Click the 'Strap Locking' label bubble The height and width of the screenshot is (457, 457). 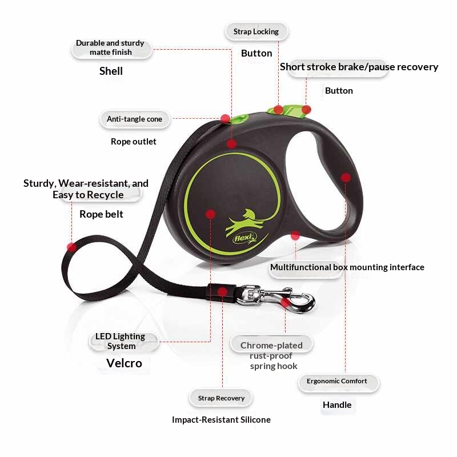pos(256,31)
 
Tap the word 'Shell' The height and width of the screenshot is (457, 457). pos(111,71)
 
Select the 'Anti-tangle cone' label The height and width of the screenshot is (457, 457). pos(134,119)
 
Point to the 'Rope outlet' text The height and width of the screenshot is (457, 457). pos(134,142)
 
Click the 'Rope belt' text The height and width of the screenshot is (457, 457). pos(101,214)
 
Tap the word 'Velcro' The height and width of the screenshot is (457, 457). pos(124,363)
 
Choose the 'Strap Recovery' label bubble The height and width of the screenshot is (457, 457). pos(221,398)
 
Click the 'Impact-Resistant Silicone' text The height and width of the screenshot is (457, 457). pos(221,420)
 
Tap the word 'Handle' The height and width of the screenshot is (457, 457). pos(337,405)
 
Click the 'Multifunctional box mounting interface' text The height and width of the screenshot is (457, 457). pos(347,267)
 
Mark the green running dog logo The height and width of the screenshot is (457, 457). pos(246,222)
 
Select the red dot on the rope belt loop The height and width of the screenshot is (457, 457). pos(72,247)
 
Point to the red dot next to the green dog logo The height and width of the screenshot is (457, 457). pos(210,214)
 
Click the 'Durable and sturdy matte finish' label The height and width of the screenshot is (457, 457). pos(111,48)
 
